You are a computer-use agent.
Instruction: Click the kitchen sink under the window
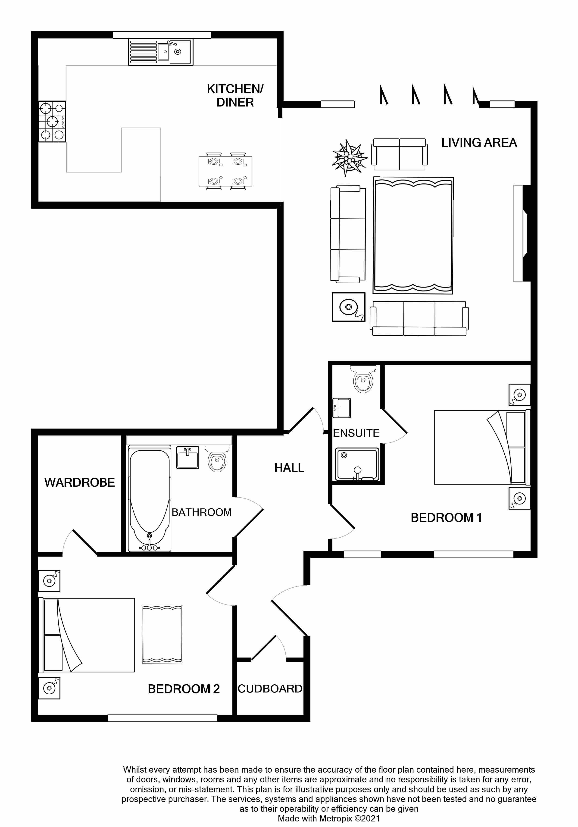[x=161, y=52]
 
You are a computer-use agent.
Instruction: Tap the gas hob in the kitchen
[x=53, y=122]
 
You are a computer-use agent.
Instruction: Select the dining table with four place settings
[x=225, y=171]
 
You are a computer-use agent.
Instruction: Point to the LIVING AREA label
[x=479, y=143]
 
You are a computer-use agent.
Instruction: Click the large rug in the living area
[x=413, y=235]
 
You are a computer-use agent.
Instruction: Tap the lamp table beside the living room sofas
[x=348, y=307]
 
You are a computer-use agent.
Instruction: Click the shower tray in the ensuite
[x=357, y=465]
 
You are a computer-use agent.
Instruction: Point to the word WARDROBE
[x=80, y=482]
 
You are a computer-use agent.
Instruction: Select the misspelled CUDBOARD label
[x=270, y=689]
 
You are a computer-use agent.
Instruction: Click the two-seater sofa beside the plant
[x=399, y=154]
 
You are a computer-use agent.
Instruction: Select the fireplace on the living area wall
[x=521, y=233]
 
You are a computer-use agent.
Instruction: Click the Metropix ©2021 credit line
[x=329, y=818]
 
